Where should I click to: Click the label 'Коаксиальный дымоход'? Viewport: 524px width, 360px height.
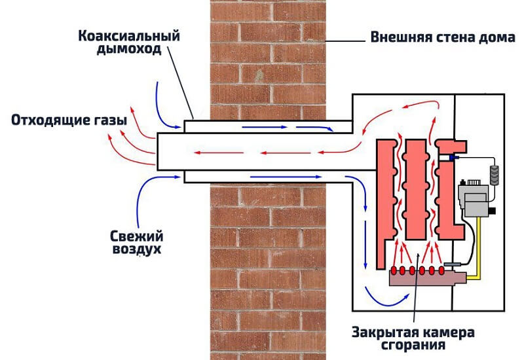click(124, 41)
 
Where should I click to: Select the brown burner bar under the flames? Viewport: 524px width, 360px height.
click(426, 279)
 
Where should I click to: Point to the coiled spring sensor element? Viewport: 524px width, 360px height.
click(495, 173)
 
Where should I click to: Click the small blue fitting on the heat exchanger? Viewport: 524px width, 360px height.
click(452, 158)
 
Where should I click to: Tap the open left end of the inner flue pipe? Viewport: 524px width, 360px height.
click(157, 150)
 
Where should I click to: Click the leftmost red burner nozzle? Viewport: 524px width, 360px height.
click(393, 270)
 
